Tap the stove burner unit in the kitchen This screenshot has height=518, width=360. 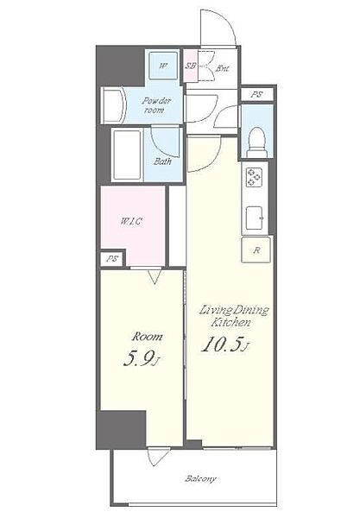coord(255,177)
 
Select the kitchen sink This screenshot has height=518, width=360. coord(255,218)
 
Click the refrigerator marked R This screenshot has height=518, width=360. coord(256,250)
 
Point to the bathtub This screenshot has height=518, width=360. coord(127,155)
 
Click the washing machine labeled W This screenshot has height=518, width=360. coord(163,66)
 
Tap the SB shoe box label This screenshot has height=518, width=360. coord(190,66)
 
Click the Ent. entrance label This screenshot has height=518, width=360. coord(223,69)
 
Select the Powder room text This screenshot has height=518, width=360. coord(156,105)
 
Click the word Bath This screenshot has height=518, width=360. coord(162,161)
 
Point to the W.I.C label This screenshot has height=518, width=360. coord(131,221)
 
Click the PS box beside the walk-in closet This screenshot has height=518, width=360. coord(112,259)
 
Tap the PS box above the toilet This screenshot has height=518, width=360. coord(256,94)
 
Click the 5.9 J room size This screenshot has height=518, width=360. coord(142,359)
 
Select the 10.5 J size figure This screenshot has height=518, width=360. coord(225,344)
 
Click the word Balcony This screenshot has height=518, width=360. coord(200,478)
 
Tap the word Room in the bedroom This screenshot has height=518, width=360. coord(147,337)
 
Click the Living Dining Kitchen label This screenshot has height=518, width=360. coord(233,316)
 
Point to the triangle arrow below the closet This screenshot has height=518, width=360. coord(155,277)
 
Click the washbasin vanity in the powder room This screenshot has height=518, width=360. coord(113,105)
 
